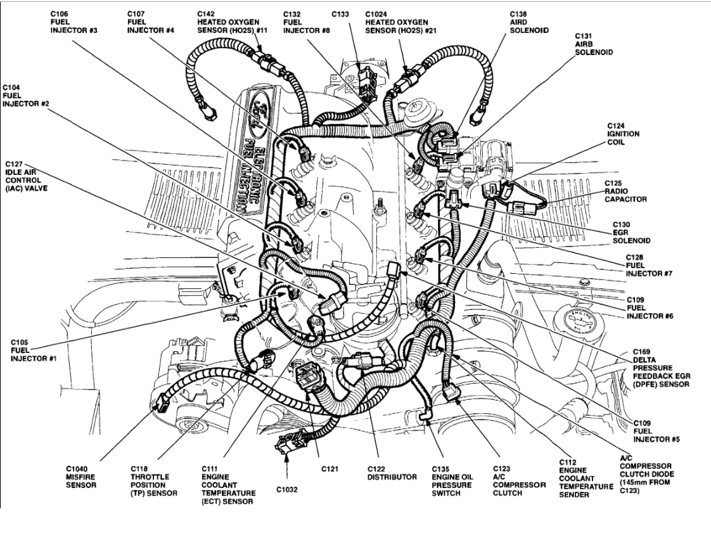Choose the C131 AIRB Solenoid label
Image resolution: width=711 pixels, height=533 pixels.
pos(593,45)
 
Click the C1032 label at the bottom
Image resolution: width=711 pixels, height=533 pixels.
pos(287,489)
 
